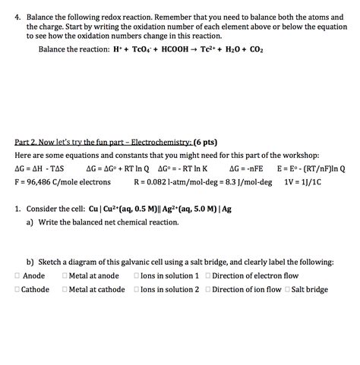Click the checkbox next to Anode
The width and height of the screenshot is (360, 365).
point(17,275)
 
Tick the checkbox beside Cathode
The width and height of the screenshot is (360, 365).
point(17,289)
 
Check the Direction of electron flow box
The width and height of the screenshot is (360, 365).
point(208,275)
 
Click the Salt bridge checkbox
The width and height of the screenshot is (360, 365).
point(287,289)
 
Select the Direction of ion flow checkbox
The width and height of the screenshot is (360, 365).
point(208,289)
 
